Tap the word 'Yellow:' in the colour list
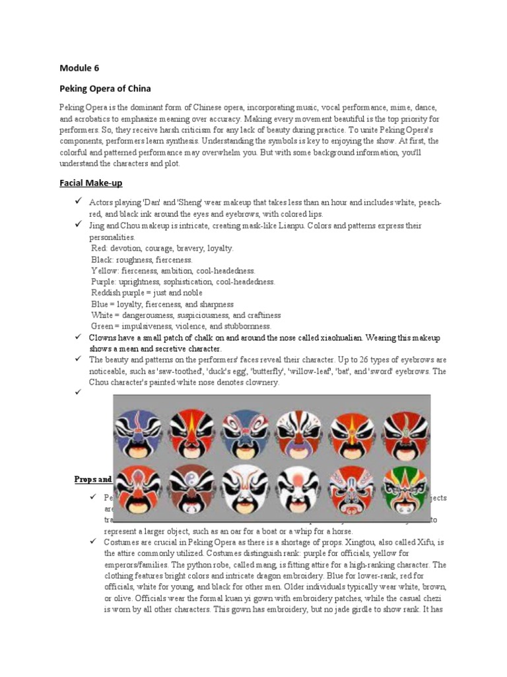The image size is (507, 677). tap(105, 271)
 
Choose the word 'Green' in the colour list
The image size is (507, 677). tap(103, 327)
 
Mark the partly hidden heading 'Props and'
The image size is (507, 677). tap(92, 479)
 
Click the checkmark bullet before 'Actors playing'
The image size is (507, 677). tap(77, 202)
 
